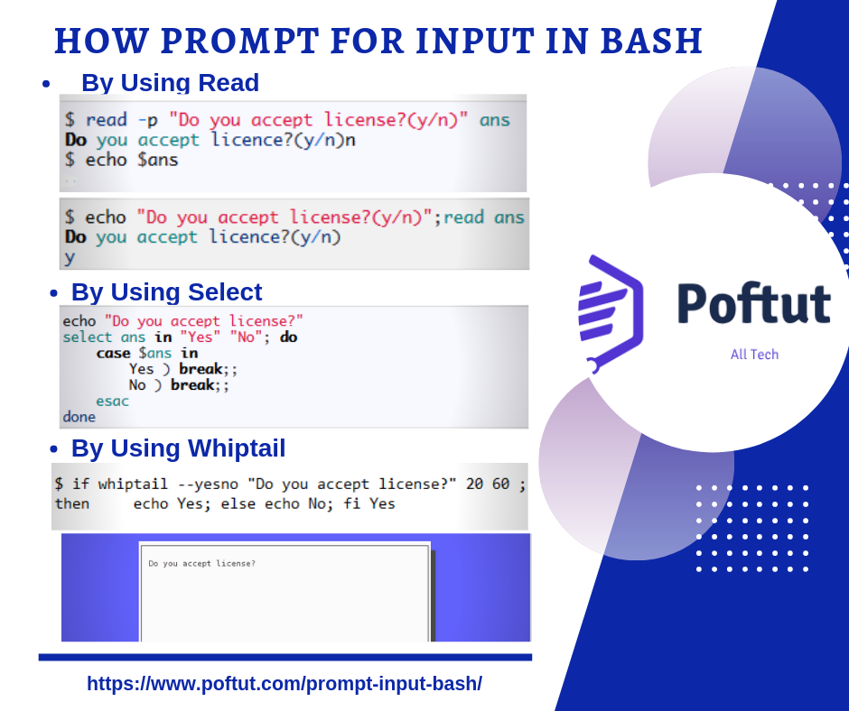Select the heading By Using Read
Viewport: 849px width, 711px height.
(170, 83)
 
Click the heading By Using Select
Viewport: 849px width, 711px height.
(166, 292)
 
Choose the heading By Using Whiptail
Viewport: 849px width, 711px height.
(178, 448)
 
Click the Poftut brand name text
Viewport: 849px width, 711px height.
(753, 304)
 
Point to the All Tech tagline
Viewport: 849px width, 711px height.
(754, 355)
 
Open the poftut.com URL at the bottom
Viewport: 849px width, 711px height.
(285, 684)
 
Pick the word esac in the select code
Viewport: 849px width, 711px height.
(112, 401)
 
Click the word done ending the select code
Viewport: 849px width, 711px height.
(79, 417)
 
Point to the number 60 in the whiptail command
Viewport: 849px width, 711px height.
(500, 484)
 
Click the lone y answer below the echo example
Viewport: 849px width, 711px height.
(70, 257)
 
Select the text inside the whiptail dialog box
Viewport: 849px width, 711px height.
(201, 564)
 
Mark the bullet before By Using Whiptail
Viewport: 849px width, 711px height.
(53, 449)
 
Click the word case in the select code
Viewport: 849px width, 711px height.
(113, 353)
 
